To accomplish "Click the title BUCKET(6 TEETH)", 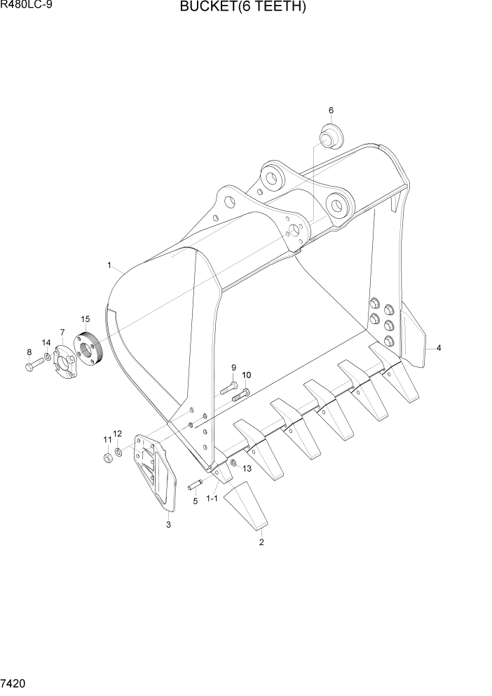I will coord(242,8).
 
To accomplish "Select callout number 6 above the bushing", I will coord(331,110).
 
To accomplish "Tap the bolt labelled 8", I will coord(32,365).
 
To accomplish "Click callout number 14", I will coord(46,342).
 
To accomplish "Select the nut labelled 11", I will coord(108,458).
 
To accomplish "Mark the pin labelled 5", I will coord(195,484).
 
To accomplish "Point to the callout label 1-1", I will coord(212,499).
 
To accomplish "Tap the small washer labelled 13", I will coord(233,463).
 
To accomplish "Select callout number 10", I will coord(246,375).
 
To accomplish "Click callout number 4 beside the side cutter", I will coord(438,347).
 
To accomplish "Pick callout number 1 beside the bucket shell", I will coord(109,265).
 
